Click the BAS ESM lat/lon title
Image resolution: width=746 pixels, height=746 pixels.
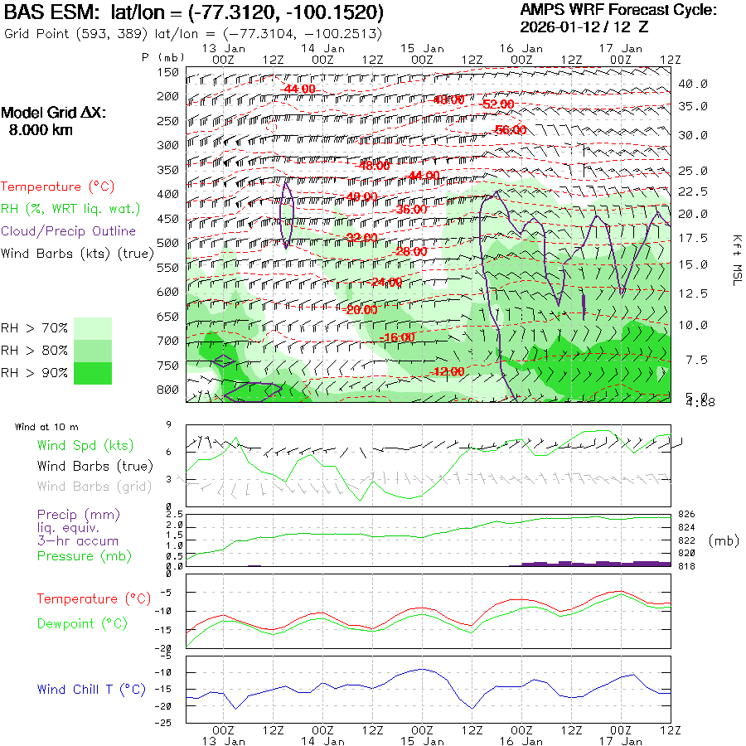click(195, 12)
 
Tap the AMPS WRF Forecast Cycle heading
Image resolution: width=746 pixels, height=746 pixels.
click(618, 10)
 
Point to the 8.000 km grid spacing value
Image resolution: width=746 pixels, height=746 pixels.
click(40, 130)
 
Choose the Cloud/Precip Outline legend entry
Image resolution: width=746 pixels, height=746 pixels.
click(68, 231)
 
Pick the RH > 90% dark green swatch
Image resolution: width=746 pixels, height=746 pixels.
click(93, 373)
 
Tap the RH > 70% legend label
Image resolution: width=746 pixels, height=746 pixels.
click(35, 329)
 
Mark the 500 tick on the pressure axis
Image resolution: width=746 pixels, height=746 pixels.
click(168, 243)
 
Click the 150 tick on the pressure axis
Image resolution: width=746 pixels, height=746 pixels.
click(168, 72)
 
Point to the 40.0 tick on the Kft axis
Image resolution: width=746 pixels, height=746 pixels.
click(693, 85)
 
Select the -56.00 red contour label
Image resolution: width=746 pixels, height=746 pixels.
click(509, 130)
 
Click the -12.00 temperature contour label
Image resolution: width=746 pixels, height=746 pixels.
click(448, 372)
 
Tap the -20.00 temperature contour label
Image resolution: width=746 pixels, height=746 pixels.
click(361, 309)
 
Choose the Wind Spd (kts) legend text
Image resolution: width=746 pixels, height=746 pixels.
click(85, 446)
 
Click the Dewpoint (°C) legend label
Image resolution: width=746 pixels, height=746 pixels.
click(81, 623)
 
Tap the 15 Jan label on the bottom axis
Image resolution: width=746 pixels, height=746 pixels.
click(422, 740)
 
